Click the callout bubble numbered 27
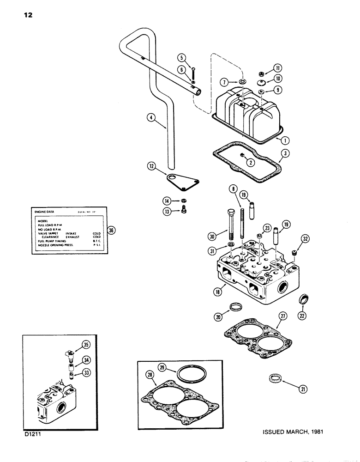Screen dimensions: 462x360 click(282, 316)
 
